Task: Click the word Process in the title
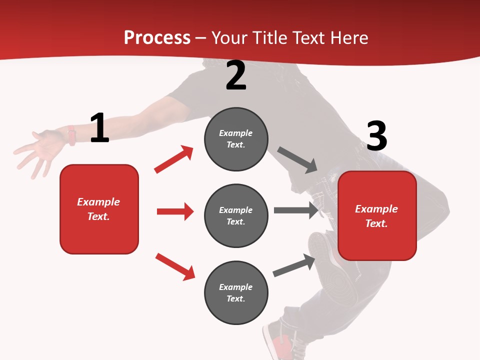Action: coord(157,37)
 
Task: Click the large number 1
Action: coord(99,128)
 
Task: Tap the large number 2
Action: coord(236,75)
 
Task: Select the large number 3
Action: coord(376,136)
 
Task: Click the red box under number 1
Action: coord(99,209)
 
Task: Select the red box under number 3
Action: coord(377,215)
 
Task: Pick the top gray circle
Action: coord(236,139)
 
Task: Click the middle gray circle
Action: coord(236,215)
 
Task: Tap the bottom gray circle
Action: coord(236,292)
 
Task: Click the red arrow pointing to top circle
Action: coord(174,159)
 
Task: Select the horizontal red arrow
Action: coord(175,211)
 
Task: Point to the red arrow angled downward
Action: coord(175,266)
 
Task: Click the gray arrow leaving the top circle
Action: coord(297,160)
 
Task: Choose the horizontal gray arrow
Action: coord(296,210)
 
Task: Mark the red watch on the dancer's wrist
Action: coord(71,135)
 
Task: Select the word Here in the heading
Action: coord(348,37)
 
